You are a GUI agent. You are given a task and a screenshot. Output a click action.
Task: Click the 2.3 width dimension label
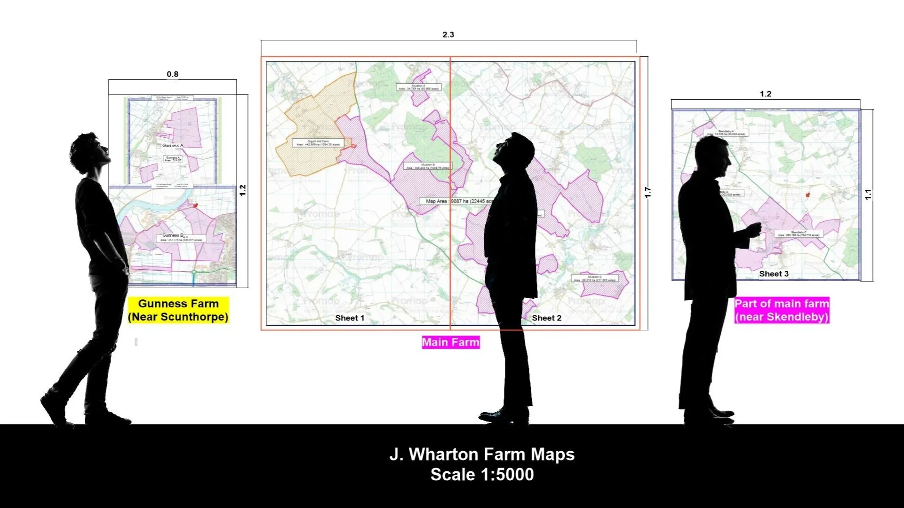pyautogui.click(x=448, y=35)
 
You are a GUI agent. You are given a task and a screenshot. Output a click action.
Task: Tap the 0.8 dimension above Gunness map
pyautogui.click(x=172, y=74)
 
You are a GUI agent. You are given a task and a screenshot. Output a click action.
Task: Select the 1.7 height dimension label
pyautogui.click(x=648, y=192)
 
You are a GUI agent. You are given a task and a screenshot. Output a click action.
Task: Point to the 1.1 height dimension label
pyautogui.click(x=868, y=194)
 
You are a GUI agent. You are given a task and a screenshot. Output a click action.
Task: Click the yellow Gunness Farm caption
pyautogui.click(x=178, y=310)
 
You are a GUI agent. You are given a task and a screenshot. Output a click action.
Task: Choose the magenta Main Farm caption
pyautogui.click(x=450, y=342)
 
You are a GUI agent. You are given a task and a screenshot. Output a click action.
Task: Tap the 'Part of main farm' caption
pyautogui.click(x=782, y=310)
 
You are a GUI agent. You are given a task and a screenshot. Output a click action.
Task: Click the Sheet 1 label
pyautogui.click(x=350, y=318)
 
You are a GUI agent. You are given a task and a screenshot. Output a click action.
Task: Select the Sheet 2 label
pyautogui.click(x=546, y=318)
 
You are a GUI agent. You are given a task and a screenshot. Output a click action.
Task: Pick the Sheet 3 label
pyautogui.click(x=774, y=274)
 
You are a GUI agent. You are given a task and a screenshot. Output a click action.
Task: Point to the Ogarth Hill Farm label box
pyautogui.click(x=318, y=143)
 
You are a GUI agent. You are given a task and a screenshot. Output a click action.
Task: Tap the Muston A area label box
pyautogui.click(x=418, y=87)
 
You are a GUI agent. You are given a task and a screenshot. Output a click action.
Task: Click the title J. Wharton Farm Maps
pyautogui.click(x=482, y=454)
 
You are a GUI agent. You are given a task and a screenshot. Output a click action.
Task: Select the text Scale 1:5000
pyautogui.click(x=482, y=475)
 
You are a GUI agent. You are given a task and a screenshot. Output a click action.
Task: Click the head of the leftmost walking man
pyautogui.click(x=89, y=150)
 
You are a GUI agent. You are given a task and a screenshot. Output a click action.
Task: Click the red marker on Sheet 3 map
pyautogui.click(x=808, y=195)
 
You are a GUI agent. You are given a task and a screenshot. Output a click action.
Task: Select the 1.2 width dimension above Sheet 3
pyautogui.click(x=765, y=94)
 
